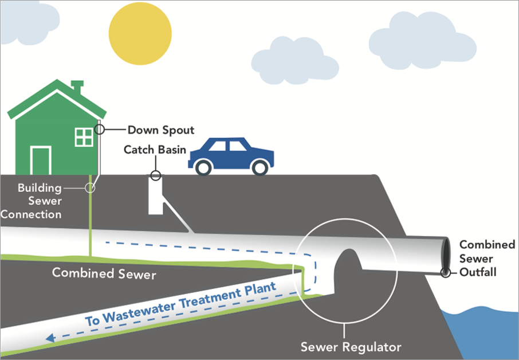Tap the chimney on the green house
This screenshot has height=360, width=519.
[x=77, y=88]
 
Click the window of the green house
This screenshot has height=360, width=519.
[x=84, y=137]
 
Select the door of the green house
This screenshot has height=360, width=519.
[x=41, y=160]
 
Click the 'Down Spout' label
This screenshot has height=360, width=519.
[x=160, y=130]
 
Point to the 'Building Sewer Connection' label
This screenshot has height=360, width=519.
[x=33, y=201]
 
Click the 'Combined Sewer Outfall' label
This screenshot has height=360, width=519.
[x=487, y=258]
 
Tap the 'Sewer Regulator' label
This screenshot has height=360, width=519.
[x=351, y=347]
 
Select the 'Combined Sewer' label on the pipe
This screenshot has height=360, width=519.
[x=104, y=273]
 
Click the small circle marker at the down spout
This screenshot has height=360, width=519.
[x=99, y=129]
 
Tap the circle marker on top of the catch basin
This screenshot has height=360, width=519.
[x=155, y=175]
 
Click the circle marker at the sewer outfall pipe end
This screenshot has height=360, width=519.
[x=445, y=273]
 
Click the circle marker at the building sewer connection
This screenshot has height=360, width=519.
[x=90, y=187]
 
